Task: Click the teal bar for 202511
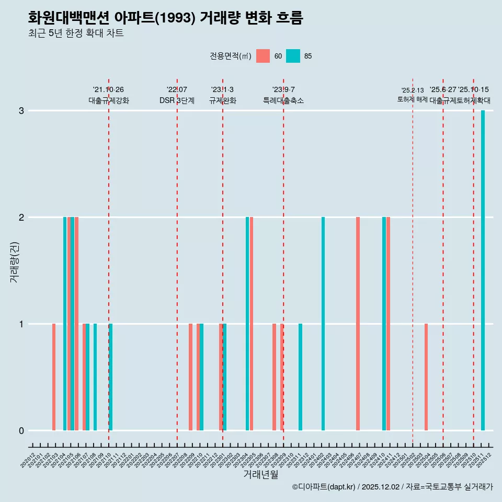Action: tap(483, 270)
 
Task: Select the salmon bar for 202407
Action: tap(358, 324)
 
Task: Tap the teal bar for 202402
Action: tap(323, 324)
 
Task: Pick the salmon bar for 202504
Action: tap(426, 377)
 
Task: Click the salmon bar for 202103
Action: tap(54, 377)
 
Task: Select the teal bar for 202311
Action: tap(300, 377)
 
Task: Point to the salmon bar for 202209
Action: tap(190, 377)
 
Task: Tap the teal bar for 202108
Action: tap(95, 377)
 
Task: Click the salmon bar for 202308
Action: tap(274, 377)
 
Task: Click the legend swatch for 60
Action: tap(263, 56)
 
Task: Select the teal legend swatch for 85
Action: tap(293, 56)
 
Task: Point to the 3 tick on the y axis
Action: tap(21, 110)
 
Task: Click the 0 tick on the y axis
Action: tap(21, 430)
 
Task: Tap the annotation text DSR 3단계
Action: tap(177, 100)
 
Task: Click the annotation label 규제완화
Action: tap(223, 100)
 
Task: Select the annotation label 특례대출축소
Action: tap(283, 100)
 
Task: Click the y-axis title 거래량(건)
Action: tap(14, 261)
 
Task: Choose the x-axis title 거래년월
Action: tap(260, 474)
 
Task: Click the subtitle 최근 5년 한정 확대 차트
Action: tap(76, 33)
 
